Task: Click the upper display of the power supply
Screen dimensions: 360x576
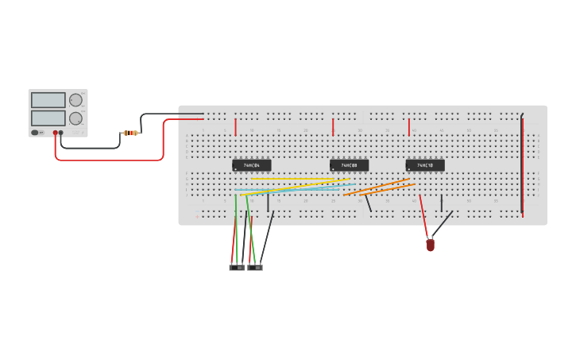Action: pos(48,100)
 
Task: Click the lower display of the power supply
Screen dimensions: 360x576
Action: pos(48,118)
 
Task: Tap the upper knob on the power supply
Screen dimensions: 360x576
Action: pos(75,100)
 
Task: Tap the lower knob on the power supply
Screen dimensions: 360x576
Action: pos(75,118)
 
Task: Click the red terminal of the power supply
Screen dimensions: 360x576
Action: pos(56,133)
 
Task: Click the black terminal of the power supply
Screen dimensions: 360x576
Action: pos(61,133)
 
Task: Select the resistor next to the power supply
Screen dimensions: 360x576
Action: pos(130,133)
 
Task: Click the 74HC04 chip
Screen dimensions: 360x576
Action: pos(251,165)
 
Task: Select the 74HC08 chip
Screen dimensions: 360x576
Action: pos(349,165)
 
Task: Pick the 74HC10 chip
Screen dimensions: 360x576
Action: pos(425,165)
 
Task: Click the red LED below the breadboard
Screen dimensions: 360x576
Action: pos(431,246)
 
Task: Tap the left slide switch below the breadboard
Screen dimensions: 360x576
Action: pos(237,268)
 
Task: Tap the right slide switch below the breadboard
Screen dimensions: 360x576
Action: pos(255,268)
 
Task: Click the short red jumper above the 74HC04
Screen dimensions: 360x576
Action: pos(236,127)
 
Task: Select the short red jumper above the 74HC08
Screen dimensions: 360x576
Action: pos(333,127)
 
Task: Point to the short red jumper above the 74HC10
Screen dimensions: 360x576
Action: pos(409,127)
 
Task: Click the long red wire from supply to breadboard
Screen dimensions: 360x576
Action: pos(111,160)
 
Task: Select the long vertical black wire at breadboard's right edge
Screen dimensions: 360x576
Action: pos(522,163)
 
